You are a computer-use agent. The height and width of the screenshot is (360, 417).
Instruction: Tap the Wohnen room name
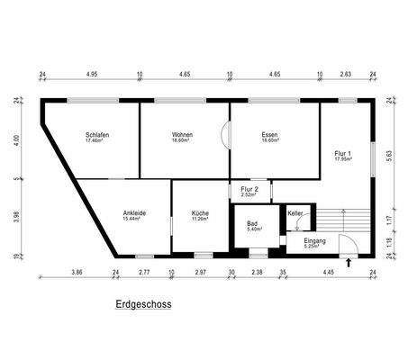(x=183, y=134)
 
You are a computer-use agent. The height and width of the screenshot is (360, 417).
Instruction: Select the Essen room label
(x=270, y=134)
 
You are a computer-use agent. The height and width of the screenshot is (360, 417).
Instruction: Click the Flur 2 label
(x=249, y=189)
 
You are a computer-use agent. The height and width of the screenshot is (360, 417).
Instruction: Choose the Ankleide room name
(x=134, y=213)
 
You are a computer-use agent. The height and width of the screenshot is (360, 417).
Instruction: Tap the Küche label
(x=200, y=213)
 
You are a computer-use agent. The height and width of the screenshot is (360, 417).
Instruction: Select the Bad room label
(x=253, y=224)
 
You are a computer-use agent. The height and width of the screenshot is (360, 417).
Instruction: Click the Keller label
(x=295, y=213)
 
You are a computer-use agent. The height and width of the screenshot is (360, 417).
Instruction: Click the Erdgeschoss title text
(x=143, y=304)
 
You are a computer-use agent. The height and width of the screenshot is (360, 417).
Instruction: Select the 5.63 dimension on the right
(x=389, y=154)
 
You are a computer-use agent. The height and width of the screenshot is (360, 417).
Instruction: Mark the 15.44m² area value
(x=134, y=219)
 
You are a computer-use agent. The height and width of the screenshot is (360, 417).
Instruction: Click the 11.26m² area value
(x=200, y=219)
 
